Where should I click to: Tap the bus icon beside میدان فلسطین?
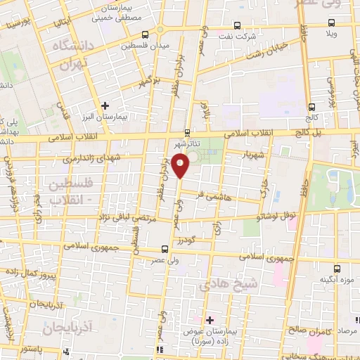[145, 34]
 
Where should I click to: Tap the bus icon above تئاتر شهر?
[186, 131]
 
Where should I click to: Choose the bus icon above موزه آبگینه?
[337, 268]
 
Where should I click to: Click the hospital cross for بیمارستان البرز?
[105, 105]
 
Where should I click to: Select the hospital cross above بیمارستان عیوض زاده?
[209, 319]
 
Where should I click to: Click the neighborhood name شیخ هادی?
[221, 283]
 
